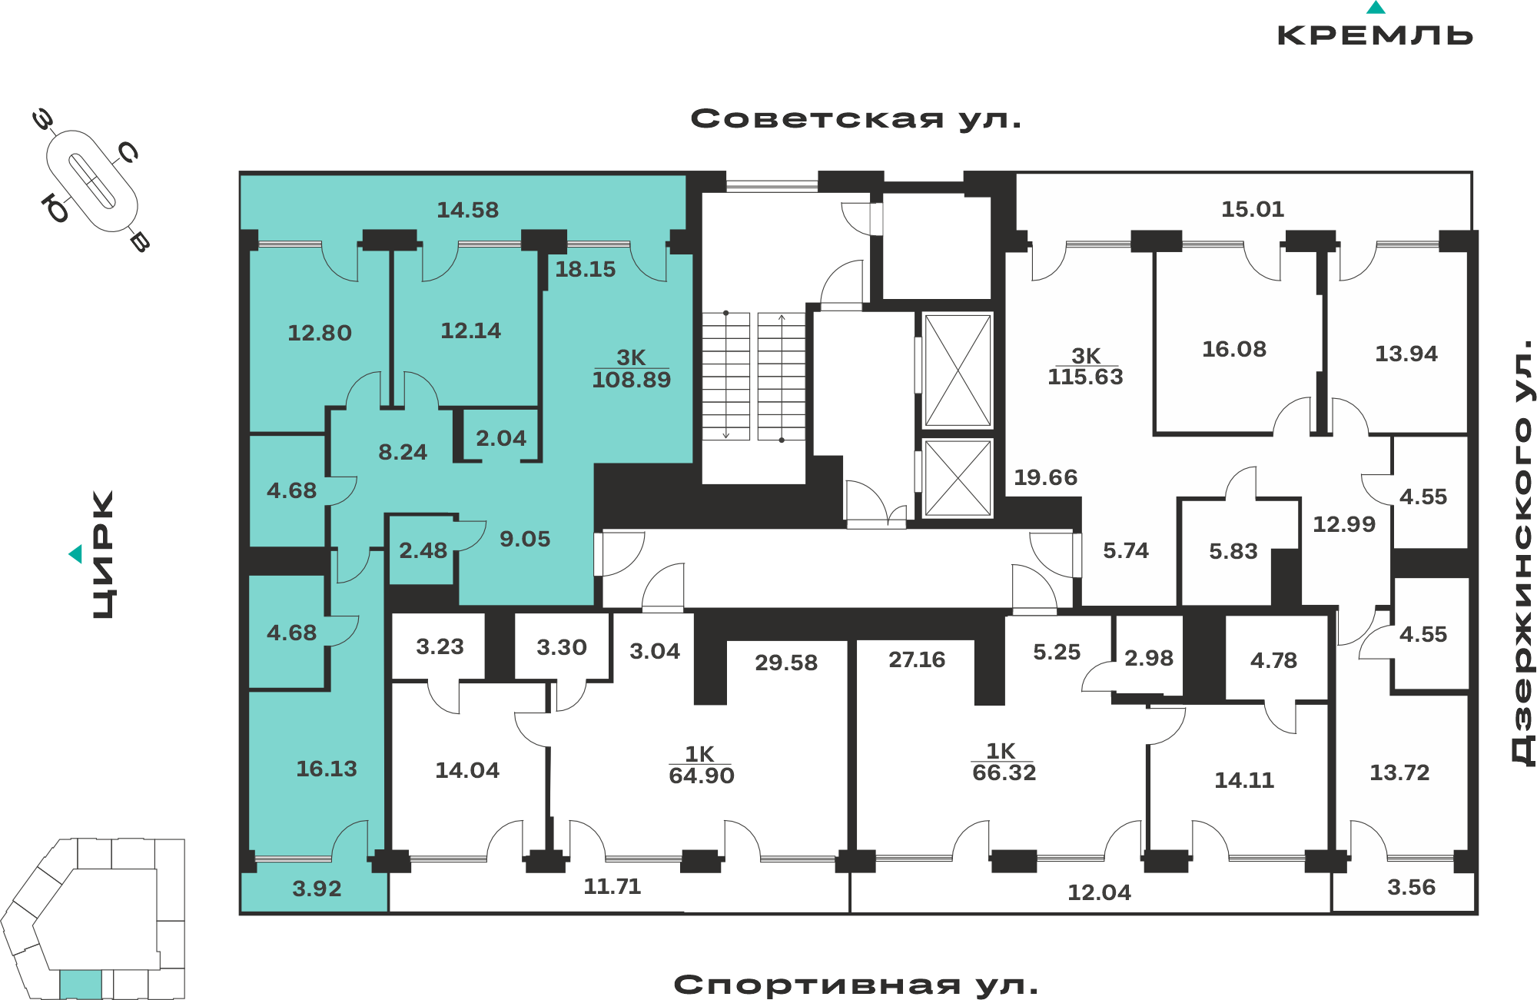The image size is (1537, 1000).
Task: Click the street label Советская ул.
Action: tap(856, 119)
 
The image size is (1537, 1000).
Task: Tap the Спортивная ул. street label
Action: tap(856, 985)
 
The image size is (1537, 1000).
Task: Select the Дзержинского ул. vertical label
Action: tap(1522, 552)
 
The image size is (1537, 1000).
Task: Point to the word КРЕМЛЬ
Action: tap(1375, 35)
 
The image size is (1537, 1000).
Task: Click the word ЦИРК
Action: tap(103, 554)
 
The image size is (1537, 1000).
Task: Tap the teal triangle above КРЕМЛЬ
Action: tap(1376, 8)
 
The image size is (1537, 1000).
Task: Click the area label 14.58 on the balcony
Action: tap(467, 210)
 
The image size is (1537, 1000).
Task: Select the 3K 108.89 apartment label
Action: tap(632, 368)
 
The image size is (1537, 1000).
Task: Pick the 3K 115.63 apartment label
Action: tap(1085, 366)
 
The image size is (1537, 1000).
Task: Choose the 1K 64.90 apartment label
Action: tap(701, 765)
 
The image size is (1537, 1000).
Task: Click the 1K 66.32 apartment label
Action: tap(1004, 762)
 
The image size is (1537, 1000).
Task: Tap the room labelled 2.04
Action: tap(501, 438)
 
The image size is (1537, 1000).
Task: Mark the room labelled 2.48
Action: tap(423, 550)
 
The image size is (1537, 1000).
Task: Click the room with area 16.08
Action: tap(1234, 349)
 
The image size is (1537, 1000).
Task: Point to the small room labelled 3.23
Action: tap(440, 646)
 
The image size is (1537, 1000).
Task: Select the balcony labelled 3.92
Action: tap(317, 889)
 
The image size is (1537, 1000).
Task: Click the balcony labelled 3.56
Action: tap(1411, 887)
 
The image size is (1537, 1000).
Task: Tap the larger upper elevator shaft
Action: tap(958, 370)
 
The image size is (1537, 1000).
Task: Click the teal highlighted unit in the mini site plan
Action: tap(81, 984)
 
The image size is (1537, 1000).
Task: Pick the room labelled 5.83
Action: tap(1233, 551)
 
